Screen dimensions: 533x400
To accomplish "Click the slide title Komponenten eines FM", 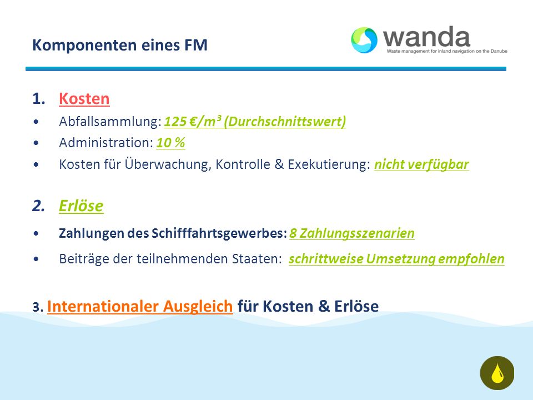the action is click(120, 45).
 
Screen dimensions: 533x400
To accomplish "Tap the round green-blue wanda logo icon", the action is click(364, 40).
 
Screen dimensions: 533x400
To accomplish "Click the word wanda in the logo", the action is click(426, 37).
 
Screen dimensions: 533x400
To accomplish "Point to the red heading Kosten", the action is click(84, 99).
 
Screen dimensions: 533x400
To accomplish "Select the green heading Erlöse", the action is click(81, 206).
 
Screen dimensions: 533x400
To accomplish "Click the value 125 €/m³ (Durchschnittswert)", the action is click(255, 122).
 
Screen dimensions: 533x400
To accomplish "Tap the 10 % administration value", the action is click(170, 143).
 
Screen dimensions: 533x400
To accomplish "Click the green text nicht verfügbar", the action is click(421, 164).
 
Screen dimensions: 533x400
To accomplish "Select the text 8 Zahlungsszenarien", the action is click(352, 233).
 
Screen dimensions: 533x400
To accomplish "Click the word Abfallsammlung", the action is click(108, 122).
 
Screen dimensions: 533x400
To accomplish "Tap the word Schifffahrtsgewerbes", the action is click(217, 234).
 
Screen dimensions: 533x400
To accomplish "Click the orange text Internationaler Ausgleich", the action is click(140, 306).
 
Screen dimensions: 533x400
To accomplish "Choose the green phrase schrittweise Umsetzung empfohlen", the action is click(396, 259).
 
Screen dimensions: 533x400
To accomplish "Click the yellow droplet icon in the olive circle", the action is click(497, 373).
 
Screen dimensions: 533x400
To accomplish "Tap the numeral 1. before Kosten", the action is click(39, 99).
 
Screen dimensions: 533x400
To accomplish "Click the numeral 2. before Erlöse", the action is click(38, 206).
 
